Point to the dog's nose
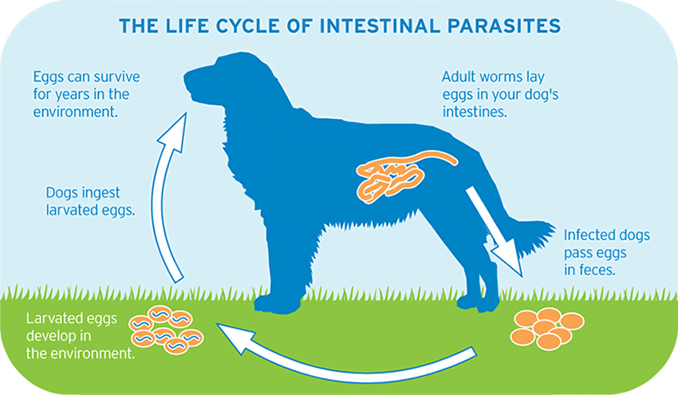pos(187,78)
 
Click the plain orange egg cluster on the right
pos(547,326)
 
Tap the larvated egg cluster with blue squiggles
pos(164,328)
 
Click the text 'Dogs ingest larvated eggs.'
pos(89,202)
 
